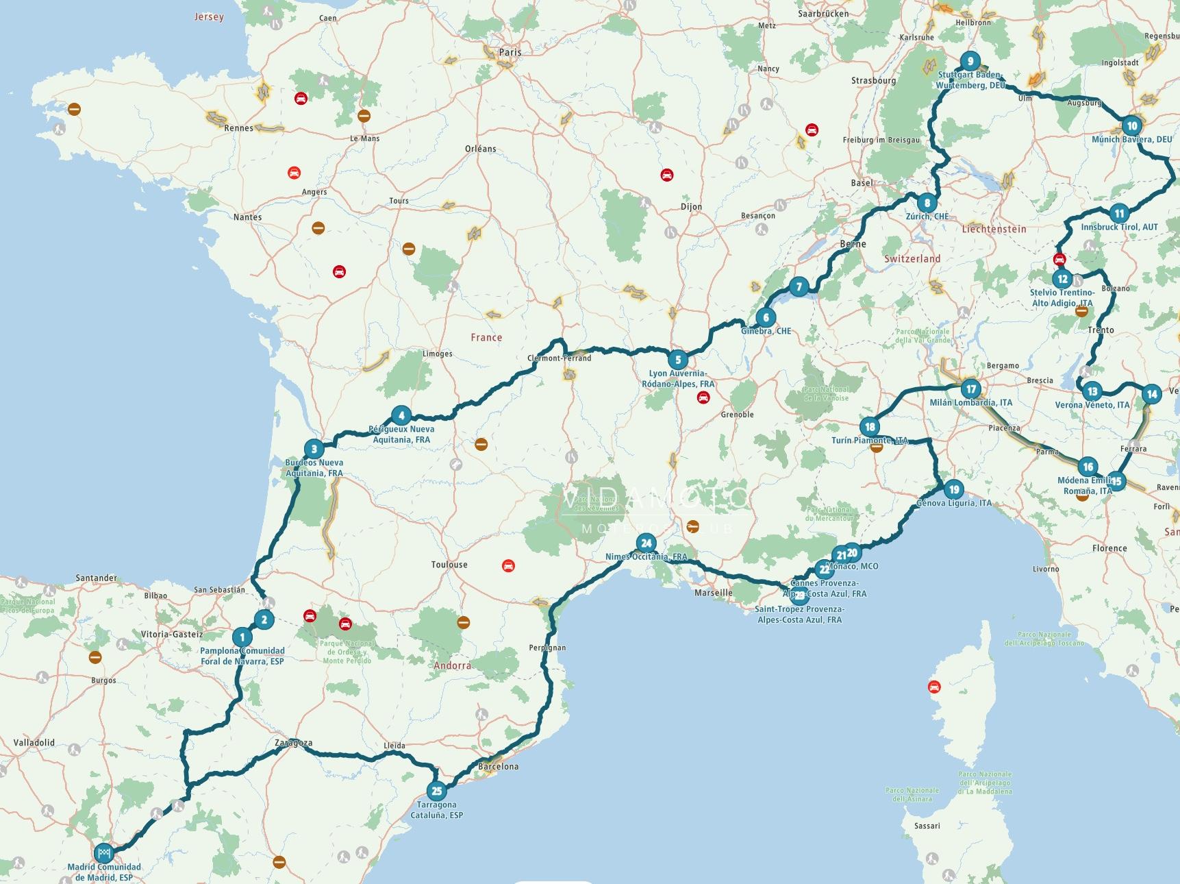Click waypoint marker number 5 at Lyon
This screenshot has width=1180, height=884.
678,359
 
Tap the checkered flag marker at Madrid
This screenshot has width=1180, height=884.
103,852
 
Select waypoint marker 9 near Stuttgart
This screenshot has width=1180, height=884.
970,61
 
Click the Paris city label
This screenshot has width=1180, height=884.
510,52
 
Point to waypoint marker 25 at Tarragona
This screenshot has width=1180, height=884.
437,791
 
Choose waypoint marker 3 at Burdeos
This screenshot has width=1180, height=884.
314,450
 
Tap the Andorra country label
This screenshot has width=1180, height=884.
452,665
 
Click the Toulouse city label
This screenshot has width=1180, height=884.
449,565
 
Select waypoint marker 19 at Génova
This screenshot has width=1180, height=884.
954,489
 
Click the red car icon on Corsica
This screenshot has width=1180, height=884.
933,687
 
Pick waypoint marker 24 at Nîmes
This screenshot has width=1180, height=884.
646,543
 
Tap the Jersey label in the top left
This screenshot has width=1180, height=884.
209,16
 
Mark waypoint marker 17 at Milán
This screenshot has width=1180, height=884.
970,389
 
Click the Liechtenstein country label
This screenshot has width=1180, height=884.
994,229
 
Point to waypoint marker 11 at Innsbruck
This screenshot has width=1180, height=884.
1119,213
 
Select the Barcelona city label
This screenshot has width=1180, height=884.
499,766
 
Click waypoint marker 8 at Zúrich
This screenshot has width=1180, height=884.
927,203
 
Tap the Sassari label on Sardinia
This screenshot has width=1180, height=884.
927,826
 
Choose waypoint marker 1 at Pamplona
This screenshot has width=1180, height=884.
242,637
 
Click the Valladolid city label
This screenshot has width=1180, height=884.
34,742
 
